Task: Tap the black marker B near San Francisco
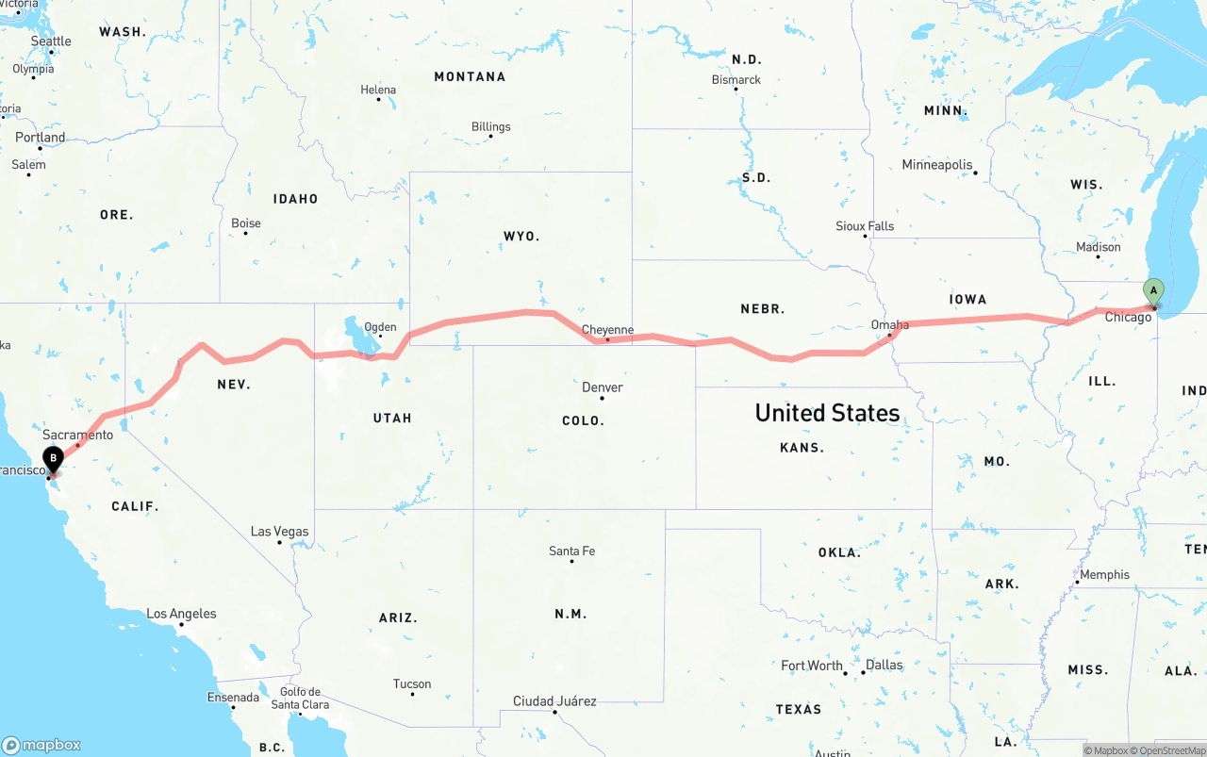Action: [54, 459]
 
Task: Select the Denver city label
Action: [602, 387]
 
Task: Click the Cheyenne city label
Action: [607, 330]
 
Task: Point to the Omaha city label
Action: [889, 325]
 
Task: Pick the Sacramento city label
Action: [77, 435]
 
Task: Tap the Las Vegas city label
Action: [279, 532]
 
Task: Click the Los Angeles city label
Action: [181, 614]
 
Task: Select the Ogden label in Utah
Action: [380, 328]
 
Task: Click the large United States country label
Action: [827, 413]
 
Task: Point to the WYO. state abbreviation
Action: [521, 237]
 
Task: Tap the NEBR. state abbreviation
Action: [763, 309]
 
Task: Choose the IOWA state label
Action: [967, 300]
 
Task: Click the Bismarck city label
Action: [736, 80]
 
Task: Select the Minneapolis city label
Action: [936, 165]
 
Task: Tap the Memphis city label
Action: [1104, 574]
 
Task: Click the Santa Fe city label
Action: [571, 551]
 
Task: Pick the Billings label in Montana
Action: [490, 126]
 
